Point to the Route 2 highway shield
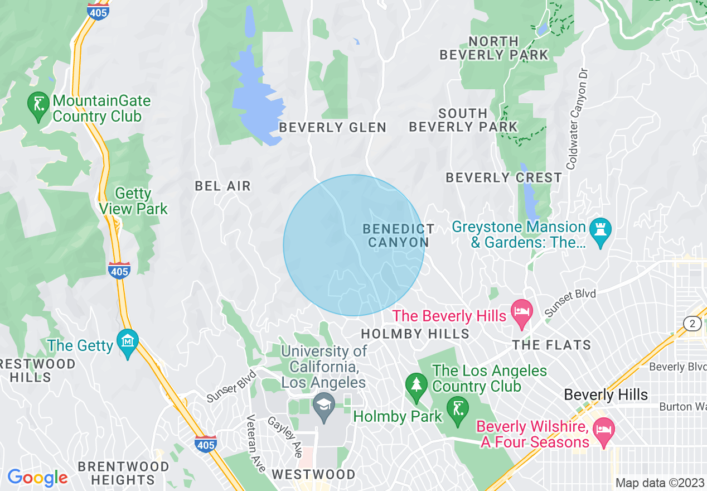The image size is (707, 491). [x=692, y=323]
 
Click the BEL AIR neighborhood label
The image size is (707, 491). [x=223, y=186]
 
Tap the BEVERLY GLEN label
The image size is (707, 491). [x=333, y=128]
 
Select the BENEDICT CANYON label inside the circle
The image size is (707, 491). [x=398, y=235]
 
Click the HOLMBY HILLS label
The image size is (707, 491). [x=415, y=334]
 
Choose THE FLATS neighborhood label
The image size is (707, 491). [x=551, y=345]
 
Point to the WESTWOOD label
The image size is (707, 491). [x=313, y=474]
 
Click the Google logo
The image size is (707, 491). [x=37, y=478]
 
